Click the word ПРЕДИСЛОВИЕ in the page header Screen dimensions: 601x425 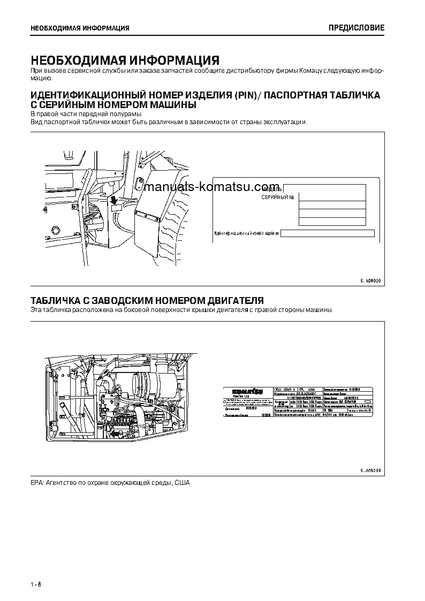tap(356, 28)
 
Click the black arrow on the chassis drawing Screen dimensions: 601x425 tap(114, 200)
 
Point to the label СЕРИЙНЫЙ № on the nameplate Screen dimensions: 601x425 tap(278, 198)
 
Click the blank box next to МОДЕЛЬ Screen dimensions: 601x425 tap(324, 188)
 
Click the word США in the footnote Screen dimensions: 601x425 tap(182, 483)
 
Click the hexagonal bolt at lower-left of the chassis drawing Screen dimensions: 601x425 tap(54, 231)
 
